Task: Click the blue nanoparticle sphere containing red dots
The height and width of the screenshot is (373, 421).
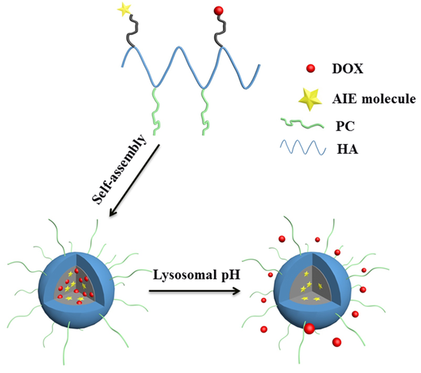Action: pyautogui.click(x=70, y=288)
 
